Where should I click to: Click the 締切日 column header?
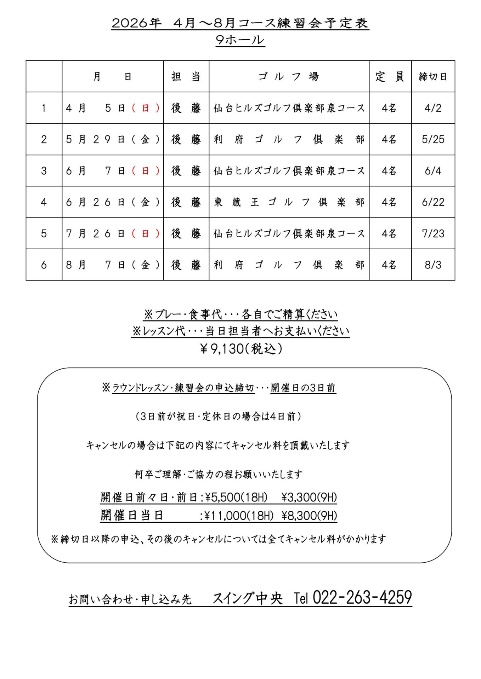[433, 76]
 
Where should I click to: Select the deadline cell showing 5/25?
[433, 139]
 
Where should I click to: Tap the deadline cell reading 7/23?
[433, 233]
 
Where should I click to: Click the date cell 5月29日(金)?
[113, 139]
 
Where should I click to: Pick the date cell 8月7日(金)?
[113, 265]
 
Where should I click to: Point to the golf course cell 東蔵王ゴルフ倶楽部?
[289, 202]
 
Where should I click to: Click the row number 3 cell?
[44, 171]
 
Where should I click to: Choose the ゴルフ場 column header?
[289, 76]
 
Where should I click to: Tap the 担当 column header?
[186, 76]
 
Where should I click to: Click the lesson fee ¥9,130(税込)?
[241, 349]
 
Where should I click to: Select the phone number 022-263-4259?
[362, 598]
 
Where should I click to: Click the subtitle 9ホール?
[240, 40]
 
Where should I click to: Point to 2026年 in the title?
[136, 23]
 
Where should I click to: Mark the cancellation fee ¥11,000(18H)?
[239, 516]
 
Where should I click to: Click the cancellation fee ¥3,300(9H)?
[309, 498]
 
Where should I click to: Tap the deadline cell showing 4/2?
[433, 108]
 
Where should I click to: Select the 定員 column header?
[390, 76]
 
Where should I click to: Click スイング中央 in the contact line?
[248, 598]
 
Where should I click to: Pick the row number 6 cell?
[44, 265]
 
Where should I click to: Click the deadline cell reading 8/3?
[433, 265]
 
